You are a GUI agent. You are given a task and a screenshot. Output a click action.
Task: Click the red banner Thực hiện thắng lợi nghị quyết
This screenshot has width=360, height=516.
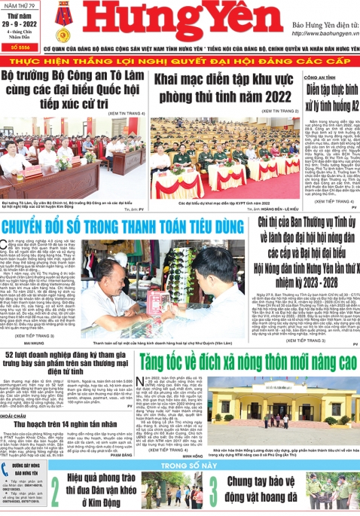(179, 61)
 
